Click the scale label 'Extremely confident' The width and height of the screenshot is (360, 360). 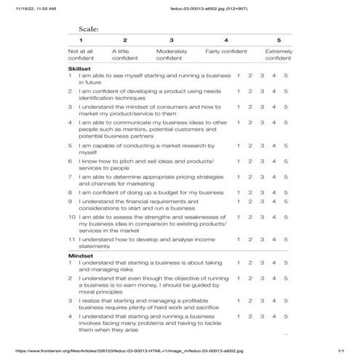click(279, 55)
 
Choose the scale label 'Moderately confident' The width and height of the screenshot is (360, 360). click(172, 55)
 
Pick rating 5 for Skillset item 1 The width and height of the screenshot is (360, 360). click(286, 76)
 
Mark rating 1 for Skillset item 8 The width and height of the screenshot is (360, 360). click(239, 193)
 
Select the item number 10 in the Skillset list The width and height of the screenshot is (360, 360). click(72, 217)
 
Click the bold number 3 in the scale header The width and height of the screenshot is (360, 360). click(172, 40)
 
